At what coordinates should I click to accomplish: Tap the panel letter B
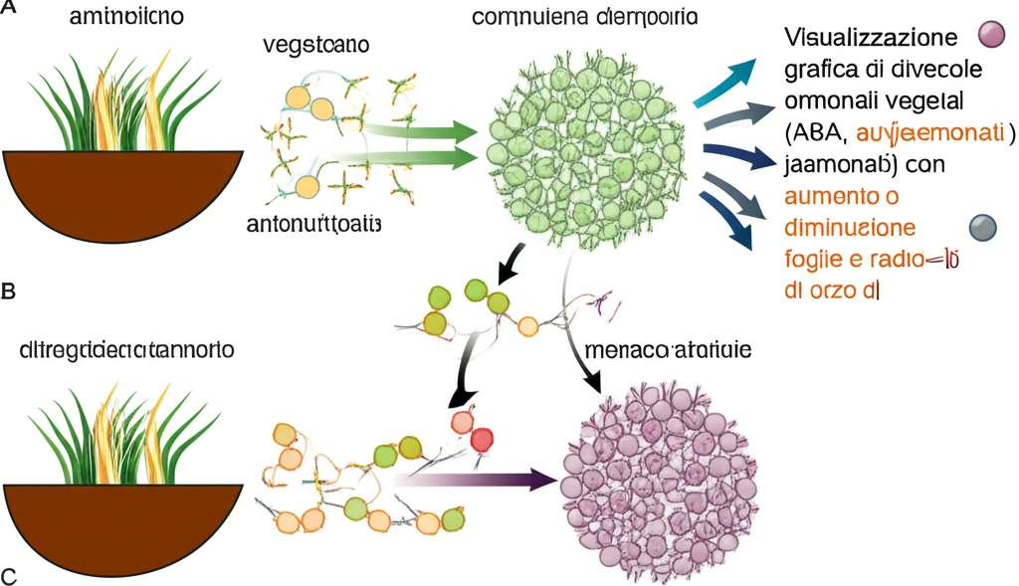coord(9,293)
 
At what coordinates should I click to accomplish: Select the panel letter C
coord(9,576)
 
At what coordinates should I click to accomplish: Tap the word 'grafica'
coord(819,71)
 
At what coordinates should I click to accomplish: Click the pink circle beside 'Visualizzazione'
coord(992,37)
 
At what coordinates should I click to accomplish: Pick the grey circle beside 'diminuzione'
coord(982,228)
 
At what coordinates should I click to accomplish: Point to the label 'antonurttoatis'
coord(313,224)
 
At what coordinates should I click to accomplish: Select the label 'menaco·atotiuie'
coord(669,351)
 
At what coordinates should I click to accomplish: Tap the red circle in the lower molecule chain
coord(482,438)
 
